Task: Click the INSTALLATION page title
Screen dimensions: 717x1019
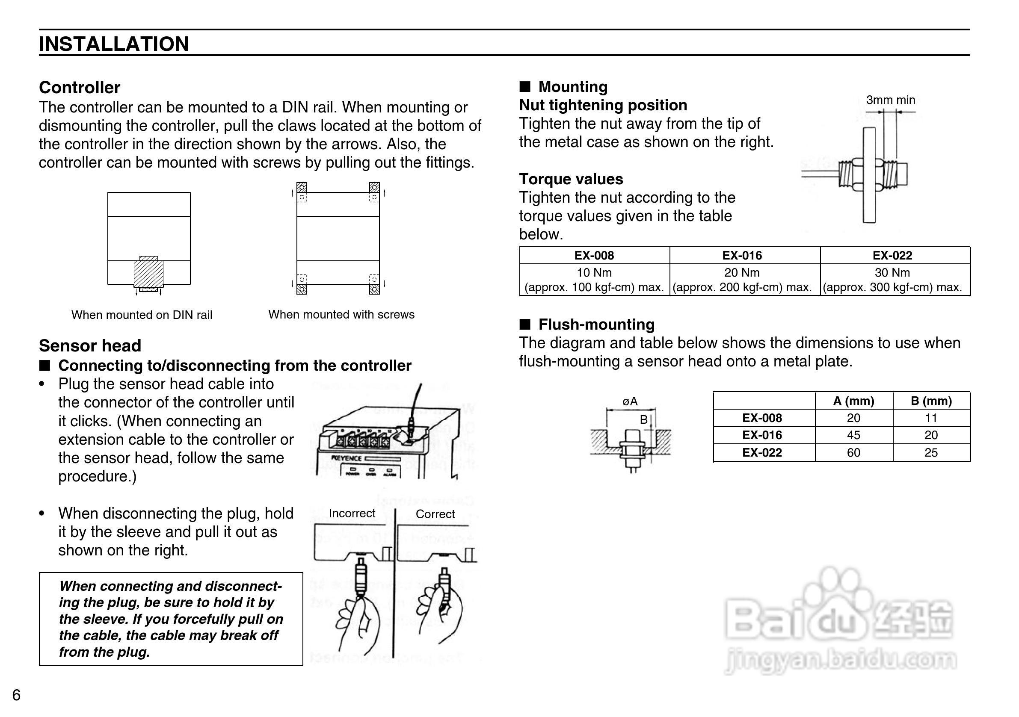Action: coord(114,44)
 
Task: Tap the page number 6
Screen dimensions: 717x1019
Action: coord(16,695)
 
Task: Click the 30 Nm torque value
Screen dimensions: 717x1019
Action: coord(892,272)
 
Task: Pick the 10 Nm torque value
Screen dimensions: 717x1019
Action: coord(594,272)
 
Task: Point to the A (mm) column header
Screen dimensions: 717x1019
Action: coord(853,401)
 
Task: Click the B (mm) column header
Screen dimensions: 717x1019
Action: coord(931,401)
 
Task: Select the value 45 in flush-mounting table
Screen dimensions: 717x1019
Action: coord(853,435)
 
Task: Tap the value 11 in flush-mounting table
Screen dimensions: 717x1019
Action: coord(931,418)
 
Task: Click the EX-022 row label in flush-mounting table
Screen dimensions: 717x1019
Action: coord(762,453)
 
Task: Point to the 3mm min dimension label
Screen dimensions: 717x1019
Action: coord(890,100)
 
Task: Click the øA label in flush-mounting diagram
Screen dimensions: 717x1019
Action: coord(630,401)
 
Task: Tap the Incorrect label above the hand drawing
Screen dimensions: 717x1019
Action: coord(352,513)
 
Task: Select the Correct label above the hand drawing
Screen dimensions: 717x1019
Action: coord(435,514)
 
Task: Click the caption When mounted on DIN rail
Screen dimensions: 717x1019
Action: coord(142,315)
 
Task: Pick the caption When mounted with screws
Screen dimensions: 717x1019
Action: coord(341,315)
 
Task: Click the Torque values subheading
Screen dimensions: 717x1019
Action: coord(571,179)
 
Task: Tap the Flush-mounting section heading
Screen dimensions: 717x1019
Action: coord(596,325)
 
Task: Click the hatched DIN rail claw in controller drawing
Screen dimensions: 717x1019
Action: coord(148,274)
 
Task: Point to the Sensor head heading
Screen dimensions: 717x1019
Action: coord(90,345)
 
